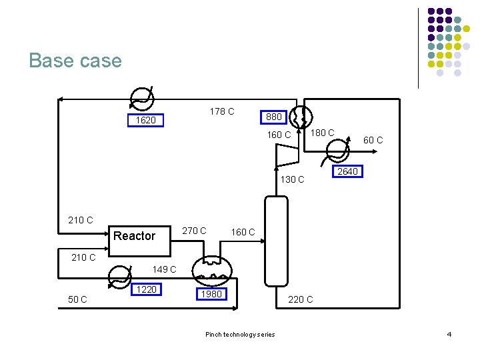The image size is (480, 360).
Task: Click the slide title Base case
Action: (75, 61)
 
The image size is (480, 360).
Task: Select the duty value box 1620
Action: (145, 121)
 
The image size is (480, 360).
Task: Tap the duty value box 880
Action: (273, 117)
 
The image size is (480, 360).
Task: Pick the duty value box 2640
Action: (347, 171)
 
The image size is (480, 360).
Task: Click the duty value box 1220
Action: (146, 289)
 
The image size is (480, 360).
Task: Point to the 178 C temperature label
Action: (221, 111)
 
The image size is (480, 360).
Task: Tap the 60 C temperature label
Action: (373, 140)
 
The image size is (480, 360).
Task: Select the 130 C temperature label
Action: (292, 179)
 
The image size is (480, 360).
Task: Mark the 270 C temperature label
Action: (194, 231)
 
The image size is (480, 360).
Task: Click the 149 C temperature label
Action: (165, 269)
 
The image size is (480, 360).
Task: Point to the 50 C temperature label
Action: (79, 299)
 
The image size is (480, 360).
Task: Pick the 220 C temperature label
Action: (300, 299)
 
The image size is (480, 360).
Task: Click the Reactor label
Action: (134, 236)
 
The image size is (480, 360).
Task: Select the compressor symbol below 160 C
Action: (287, 155)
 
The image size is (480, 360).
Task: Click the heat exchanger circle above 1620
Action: (141, 100)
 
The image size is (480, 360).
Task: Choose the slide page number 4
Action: (449, 334)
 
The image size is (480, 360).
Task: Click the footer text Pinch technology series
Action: (240, 334)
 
